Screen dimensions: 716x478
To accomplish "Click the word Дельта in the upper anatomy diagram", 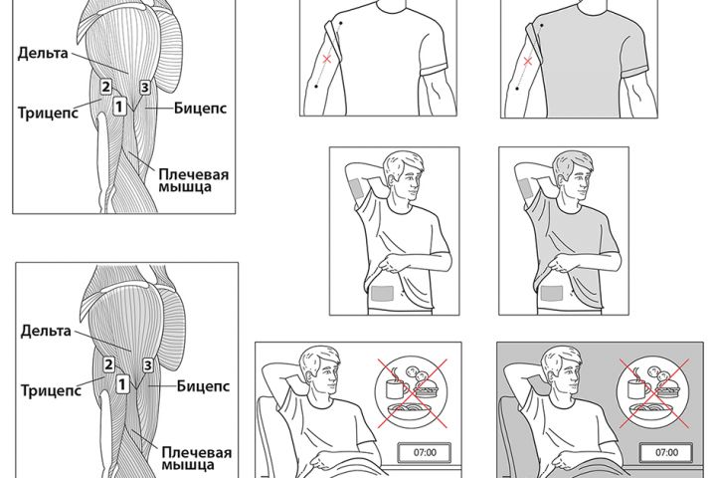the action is [43, 53].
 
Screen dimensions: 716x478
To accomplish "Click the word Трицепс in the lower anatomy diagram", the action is [51, 390].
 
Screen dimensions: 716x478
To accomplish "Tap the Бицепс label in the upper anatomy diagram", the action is [200, 109].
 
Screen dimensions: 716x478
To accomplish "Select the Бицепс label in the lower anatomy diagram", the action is [203, 386].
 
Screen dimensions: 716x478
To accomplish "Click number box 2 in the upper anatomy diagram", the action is [106, 87].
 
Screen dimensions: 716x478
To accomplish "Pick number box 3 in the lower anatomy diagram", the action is [147, 365].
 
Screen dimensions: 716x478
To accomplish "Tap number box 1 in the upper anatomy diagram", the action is [119, 107].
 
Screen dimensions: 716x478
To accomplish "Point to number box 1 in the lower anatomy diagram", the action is [122, 384].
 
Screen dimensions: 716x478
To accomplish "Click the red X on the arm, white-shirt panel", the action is [327, 59].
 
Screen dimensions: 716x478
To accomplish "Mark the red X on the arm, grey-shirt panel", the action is [528, 61].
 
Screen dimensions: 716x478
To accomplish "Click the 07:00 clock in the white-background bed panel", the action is [425, 453].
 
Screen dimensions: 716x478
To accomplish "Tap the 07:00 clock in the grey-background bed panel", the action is [666, 453].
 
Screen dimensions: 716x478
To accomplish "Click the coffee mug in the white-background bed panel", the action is [397, 387].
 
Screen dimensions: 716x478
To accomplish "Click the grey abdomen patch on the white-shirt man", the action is [383, 293].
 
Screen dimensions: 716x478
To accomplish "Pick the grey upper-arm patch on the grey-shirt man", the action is [523, 188].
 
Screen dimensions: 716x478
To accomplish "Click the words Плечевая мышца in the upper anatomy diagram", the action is [193, 180].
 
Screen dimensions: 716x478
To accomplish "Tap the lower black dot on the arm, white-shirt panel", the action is [316, 86].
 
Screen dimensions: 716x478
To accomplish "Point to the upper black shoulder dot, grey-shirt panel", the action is [542, 26].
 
